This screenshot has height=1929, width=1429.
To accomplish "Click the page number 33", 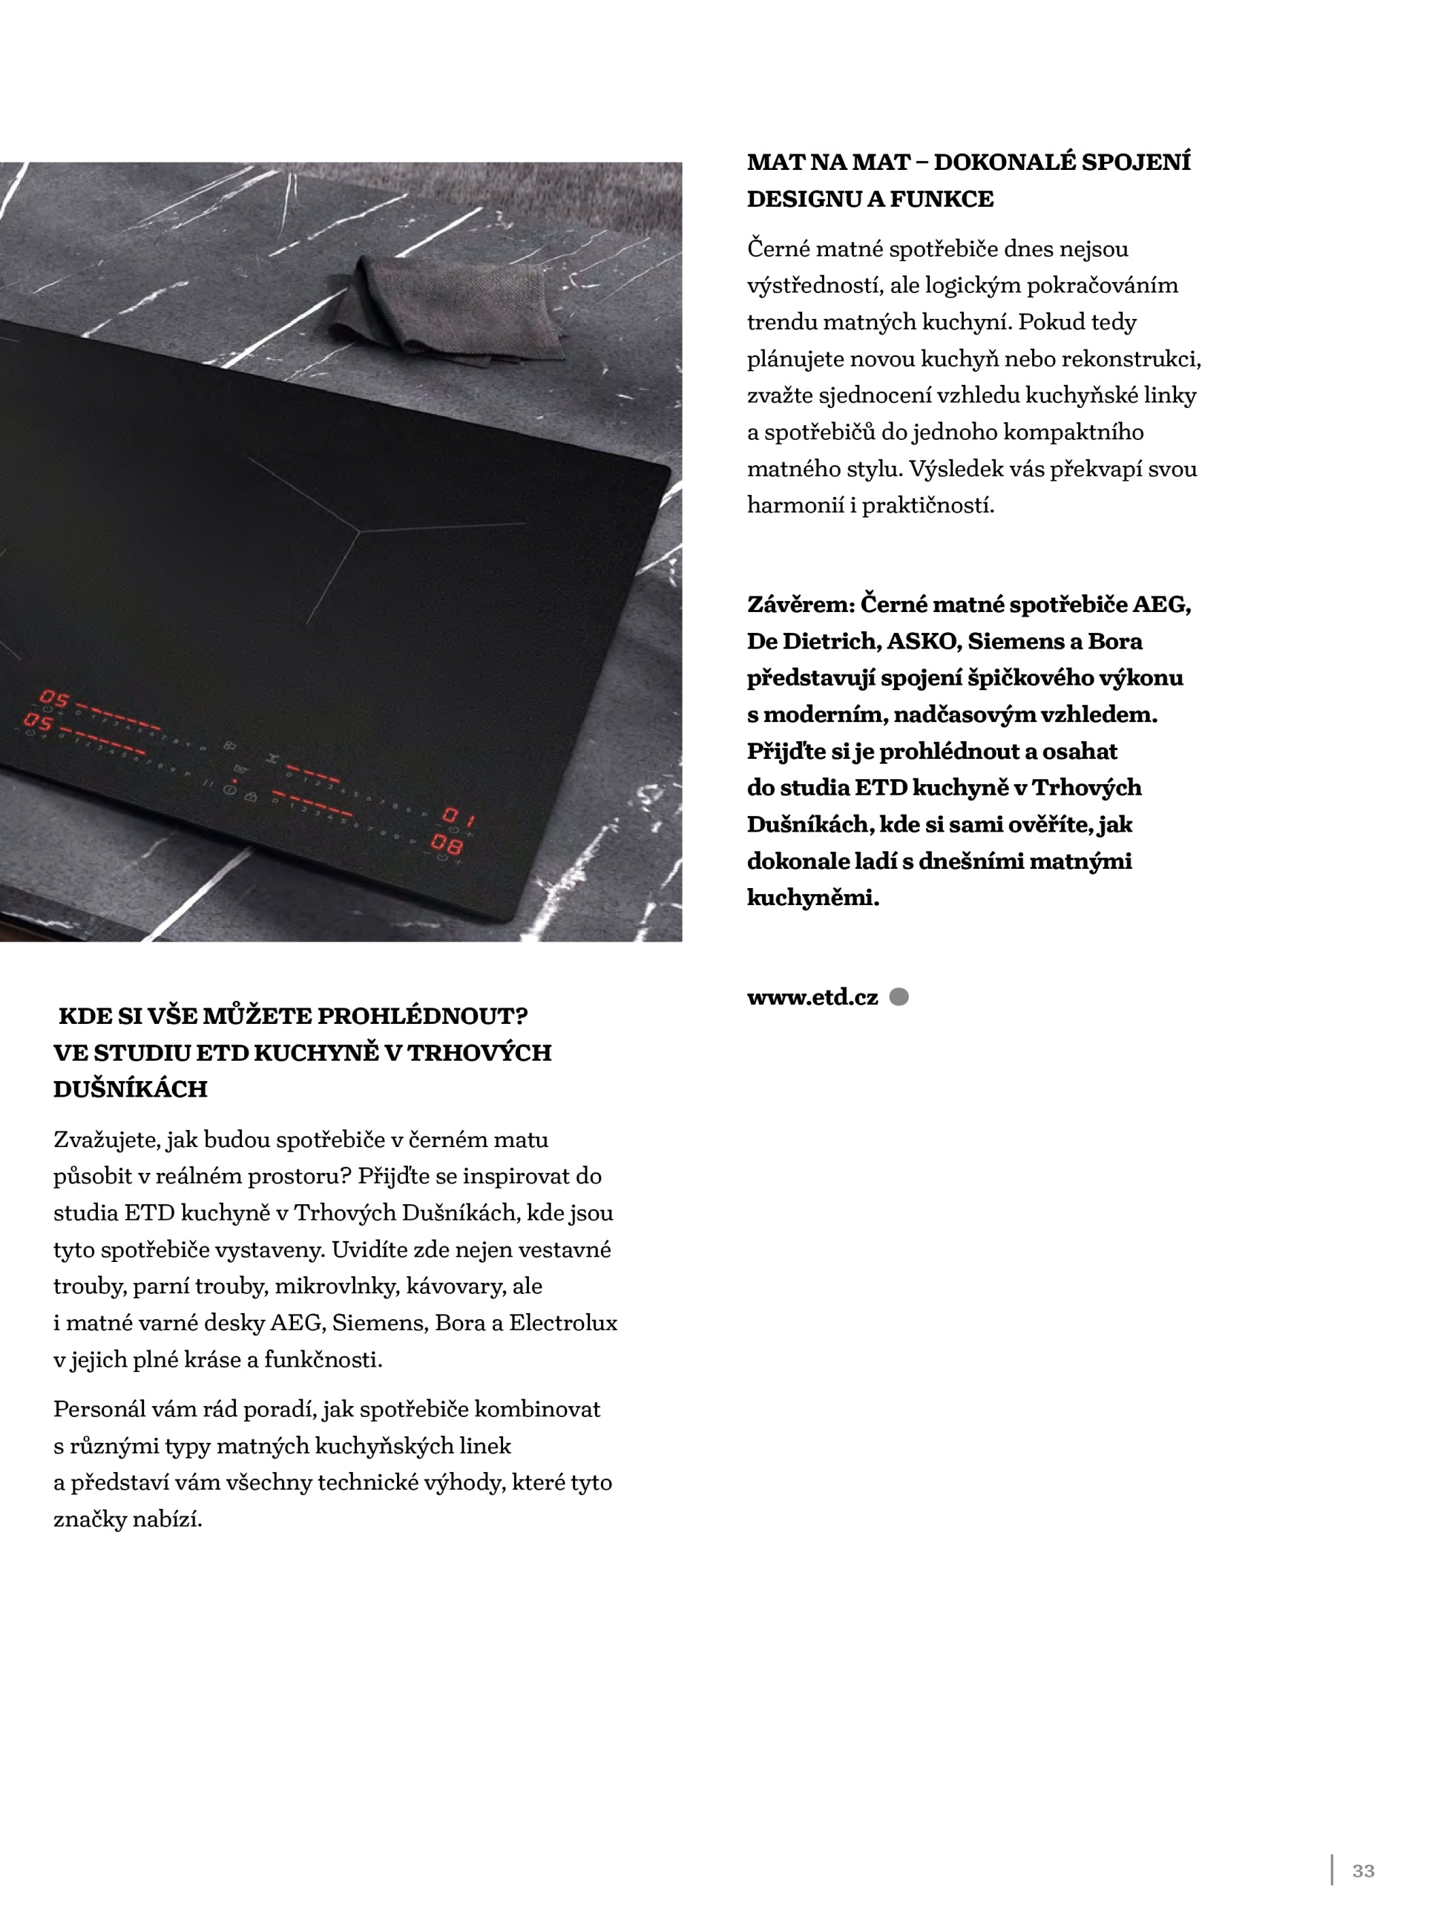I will pyautogui.click(x=1363, y=1870).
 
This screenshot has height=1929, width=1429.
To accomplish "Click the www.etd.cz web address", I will pyautogui.click(x=812, y=997).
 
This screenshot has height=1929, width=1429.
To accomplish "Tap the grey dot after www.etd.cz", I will pyautogui.click(x=899, y=997).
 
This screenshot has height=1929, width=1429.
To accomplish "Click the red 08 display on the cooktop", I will pyautogui.click(x=447, y=844).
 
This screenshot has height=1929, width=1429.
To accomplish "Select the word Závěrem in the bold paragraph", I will pyautogui.click(x=800, y=605).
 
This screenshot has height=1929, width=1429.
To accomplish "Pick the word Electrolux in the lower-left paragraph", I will pyautogui.click(x=563, y=1323).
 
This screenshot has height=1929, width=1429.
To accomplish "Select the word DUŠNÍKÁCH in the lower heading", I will pyautogui.click(x=131, y=1089).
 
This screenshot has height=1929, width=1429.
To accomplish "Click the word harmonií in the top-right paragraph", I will pyautogui.click(x=795, y=505).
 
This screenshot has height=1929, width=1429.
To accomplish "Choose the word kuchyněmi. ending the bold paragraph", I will pyautogui.click(x=813, y=898).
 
